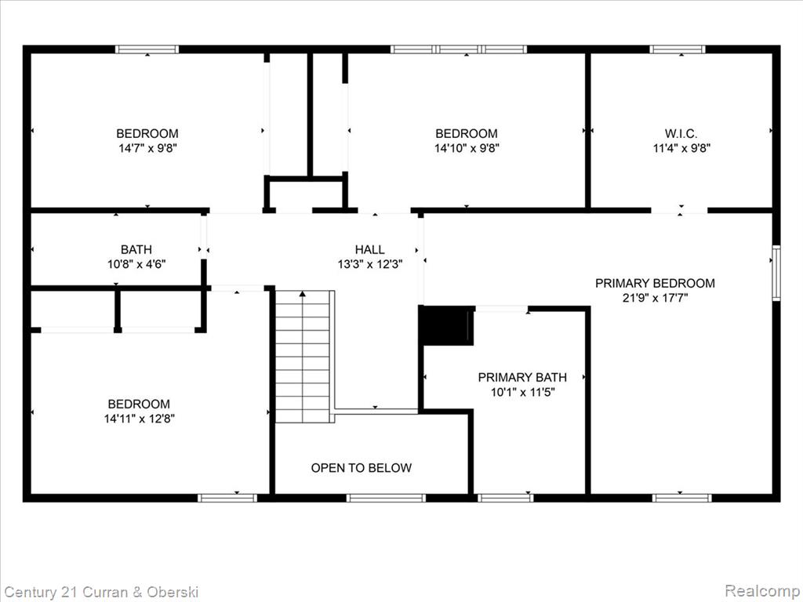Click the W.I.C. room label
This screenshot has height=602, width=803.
(681, 133)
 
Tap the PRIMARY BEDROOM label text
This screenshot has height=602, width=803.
(655, 283)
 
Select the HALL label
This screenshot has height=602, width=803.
(370, 249)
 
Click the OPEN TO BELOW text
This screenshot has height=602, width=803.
(361, 468)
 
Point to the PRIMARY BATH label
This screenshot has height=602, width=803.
(522, 377)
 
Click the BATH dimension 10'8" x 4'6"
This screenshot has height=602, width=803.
(136, 264)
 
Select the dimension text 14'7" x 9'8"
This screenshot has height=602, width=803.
(147, 148)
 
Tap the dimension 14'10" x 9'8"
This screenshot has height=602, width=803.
(467, 148)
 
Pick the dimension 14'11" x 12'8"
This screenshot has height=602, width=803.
(140, 419)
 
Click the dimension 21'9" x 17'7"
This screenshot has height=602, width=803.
(655, 298)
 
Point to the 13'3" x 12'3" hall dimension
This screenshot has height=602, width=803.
(370, 264)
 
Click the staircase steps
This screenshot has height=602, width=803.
(303, 357)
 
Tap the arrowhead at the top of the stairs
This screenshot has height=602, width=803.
(303, 294)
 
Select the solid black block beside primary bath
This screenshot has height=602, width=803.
(446, 325)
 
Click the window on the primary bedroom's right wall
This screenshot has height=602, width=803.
(776, 273)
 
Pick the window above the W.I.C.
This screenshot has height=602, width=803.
(678, 49)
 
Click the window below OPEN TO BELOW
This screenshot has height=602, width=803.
(386, 498)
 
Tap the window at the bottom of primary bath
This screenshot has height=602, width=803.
(506, 498)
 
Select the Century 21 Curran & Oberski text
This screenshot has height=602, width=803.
(101, 593)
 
